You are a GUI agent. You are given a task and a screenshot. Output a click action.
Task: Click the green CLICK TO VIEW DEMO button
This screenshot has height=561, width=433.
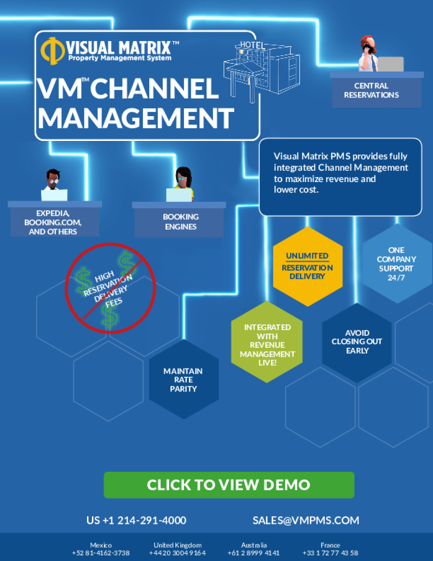229,485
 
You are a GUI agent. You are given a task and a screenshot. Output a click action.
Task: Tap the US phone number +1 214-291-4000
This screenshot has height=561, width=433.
136,520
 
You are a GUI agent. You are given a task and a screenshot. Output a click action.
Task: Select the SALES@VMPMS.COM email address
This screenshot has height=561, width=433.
306,520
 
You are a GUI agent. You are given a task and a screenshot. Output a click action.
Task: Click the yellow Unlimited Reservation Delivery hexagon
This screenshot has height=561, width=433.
308,266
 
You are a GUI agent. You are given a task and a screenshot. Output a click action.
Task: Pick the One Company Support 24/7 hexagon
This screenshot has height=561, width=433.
396,264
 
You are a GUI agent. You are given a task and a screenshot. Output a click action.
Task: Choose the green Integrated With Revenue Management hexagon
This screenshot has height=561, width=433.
267,344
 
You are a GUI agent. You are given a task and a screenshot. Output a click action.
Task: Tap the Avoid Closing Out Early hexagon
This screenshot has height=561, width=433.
357,342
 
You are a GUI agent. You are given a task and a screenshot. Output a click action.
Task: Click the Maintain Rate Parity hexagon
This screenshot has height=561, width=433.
183,380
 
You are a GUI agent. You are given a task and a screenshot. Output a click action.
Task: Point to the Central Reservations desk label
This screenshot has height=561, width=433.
371,90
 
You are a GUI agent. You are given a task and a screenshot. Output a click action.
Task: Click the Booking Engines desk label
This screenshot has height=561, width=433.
180,222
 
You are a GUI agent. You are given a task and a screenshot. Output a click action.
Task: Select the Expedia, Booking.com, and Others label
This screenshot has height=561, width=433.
53,222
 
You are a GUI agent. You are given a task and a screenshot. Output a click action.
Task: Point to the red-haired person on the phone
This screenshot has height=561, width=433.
368,54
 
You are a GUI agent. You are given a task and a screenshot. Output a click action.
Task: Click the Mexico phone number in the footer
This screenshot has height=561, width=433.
101,553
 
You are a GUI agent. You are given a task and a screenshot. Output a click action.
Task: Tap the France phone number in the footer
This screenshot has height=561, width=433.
330,553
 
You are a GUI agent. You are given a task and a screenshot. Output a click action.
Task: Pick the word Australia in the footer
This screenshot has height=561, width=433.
254,545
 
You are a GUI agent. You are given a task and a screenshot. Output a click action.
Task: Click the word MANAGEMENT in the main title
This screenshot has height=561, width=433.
136,118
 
